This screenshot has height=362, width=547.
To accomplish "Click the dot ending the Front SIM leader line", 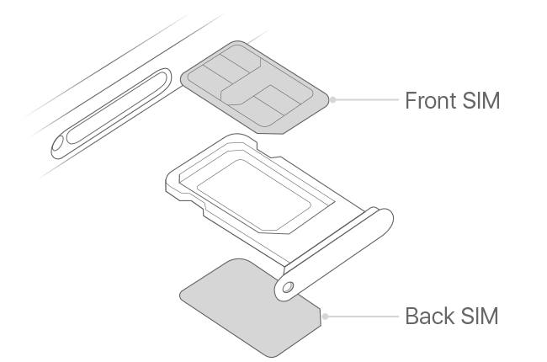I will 333,99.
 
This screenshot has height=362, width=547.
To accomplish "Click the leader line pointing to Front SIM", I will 366,99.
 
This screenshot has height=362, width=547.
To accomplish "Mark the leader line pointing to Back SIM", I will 362,317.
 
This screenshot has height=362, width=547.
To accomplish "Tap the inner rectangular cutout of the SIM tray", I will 252,189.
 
